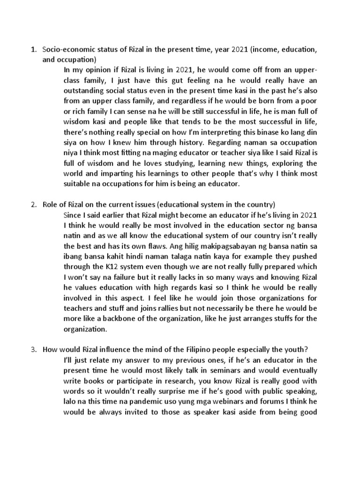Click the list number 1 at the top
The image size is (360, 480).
pos(32,49)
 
